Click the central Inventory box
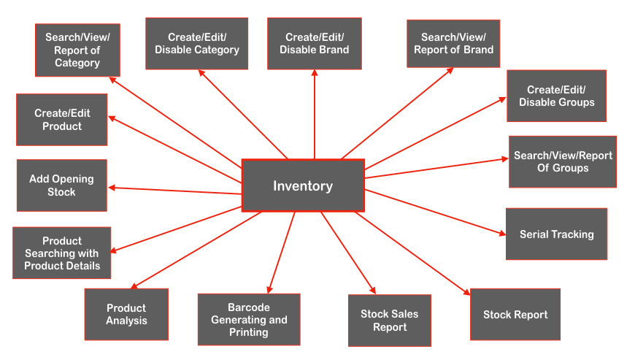(x=303, y=185)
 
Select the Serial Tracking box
(x=556, y=234)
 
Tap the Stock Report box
(x=515, y=315)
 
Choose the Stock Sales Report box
(x=390, y=321)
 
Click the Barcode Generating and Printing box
(x=249, y=320)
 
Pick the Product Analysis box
(x=126, y=314)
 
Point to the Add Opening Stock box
(x=62, y=185)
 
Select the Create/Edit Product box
(x=62, y=120)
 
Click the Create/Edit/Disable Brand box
(x=315, y=43)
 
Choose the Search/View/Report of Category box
(x=77, y=50)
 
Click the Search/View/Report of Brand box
(x=453, y=43)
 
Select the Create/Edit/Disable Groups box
(x=557, y=96)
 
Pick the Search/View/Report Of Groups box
(x=563, y=161)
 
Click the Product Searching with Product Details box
(x=62, y=253)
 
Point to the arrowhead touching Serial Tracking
(x=502, y=234)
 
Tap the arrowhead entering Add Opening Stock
(x=112, y=188)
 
